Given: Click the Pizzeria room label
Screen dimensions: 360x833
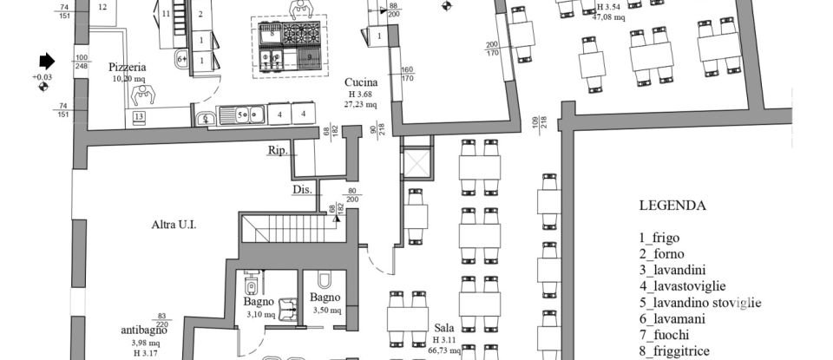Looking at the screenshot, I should [x=127, y=67].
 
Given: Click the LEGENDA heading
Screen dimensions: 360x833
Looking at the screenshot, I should [x=672, y=206].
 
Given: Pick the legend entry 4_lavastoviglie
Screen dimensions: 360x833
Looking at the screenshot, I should [x=683, y=285].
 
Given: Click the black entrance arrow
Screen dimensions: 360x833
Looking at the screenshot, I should [x=46, y=62].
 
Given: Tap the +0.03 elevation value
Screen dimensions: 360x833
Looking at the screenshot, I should [x=43, y=77].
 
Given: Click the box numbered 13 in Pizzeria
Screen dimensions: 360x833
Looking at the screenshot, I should [x=139, y=117].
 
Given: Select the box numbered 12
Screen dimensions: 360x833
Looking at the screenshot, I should [x=103, y=7].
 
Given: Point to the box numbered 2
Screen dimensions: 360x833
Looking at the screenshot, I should [x=200, y=15].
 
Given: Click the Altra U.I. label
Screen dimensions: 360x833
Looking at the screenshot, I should [x=174, y=225].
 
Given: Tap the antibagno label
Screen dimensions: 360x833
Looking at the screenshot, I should [x=142, y=331].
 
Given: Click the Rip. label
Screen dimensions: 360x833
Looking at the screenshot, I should [x=277, y=150].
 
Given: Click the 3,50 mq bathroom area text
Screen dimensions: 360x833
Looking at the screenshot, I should [x=325, y=310].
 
